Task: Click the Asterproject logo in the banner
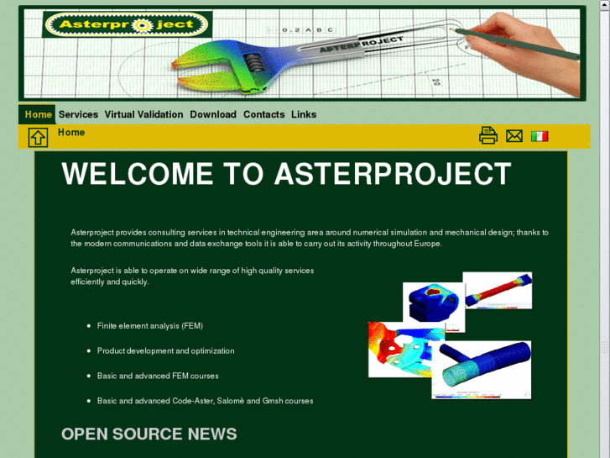tap(127, 25)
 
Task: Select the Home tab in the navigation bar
tap(38, 114)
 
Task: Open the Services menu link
tap(78, 114)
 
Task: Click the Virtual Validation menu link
tap(143, 114)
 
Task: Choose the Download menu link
tap(213, 114)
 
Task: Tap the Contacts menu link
tap(263, 114)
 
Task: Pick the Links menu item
tap(304, 114)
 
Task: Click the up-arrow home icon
tap(39, 137)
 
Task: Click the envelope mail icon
tap(514, 135)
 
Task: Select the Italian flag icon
tap(540, 135)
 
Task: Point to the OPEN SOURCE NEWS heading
tap(149, 434)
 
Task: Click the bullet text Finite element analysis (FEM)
tap(150, 325)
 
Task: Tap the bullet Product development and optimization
tap(166, 350)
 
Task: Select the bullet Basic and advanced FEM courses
tap(158, 376)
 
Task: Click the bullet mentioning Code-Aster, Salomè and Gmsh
tap(205, 401)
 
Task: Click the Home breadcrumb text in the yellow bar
tap(71, 132)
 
